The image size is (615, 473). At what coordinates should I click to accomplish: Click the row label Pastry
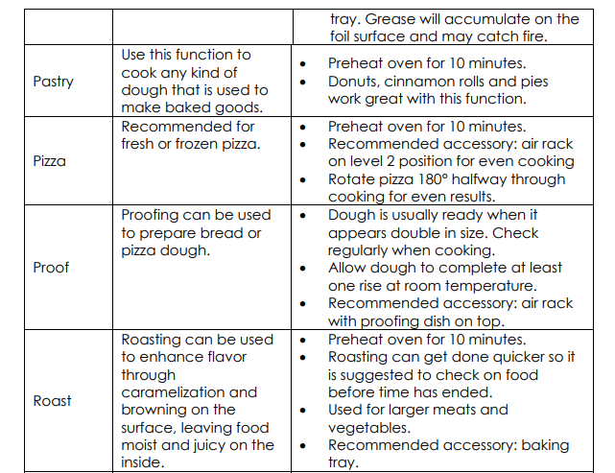click(53, 82)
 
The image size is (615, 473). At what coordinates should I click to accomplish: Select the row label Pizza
click(50, 161)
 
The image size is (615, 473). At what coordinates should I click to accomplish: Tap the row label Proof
click(52, 267)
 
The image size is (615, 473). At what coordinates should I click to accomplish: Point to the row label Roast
click(52, 400)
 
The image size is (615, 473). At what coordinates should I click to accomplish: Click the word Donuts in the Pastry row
click(354, 82)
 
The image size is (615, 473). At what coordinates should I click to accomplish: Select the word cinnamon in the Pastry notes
click(424, 82)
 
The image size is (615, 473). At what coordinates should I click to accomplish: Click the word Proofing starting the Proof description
click(156, 215)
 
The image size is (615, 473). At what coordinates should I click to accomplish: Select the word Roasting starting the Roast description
click(156, 340)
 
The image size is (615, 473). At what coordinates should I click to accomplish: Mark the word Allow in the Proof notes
click(348, 268)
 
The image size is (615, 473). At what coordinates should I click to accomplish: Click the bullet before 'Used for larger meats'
click(303, 411)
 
